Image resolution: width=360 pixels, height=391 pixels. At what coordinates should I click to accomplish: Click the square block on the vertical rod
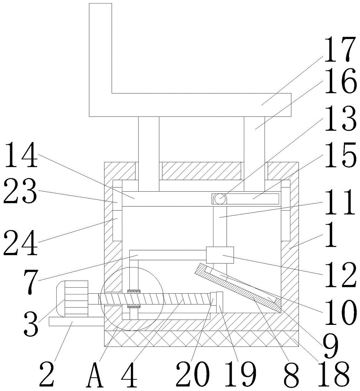click(x=220, y=255)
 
